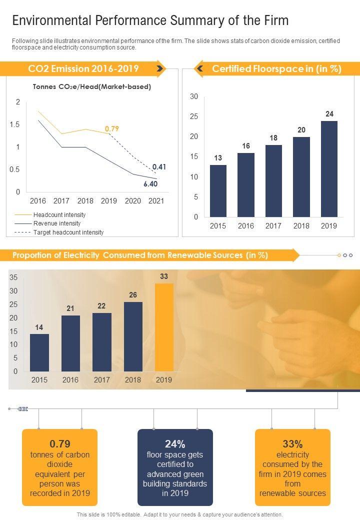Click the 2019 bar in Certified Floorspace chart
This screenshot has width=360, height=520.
coord(329,168)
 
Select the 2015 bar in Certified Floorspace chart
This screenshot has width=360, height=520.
coord(218,190)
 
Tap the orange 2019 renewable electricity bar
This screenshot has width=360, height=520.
coord(164,327)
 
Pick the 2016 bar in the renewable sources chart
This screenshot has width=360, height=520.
coord(70,343)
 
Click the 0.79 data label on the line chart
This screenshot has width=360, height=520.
coord(111,129)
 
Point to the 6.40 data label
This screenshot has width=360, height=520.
coord(150,184)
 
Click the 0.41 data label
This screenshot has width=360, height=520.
coord(159,167)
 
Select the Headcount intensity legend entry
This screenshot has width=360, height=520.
coord(59,214)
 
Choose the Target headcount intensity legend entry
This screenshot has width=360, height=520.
coord(68,232)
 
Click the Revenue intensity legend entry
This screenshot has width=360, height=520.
coord(56,223)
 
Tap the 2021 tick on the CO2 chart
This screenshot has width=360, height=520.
coord(156,201)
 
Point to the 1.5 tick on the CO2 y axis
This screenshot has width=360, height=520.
coord(15,124)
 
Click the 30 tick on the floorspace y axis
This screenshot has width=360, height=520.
coord(194,96)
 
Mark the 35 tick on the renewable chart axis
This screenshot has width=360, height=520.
coord(13,277)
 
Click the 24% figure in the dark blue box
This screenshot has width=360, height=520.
coord(175,444)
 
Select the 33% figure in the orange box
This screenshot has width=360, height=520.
coord(292,444)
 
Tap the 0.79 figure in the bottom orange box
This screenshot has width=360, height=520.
coord(60,444)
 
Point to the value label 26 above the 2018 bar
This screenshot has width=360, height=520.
coord(133,295)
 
